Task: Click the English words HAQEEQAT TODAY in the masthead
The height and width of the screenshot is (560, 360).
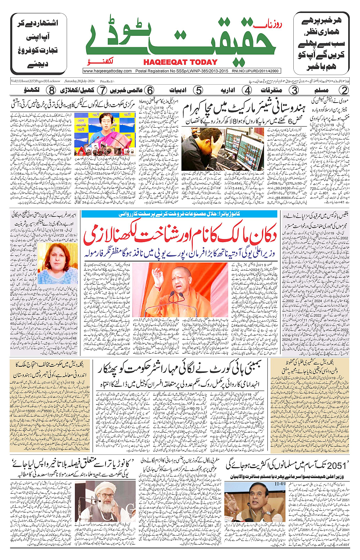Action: click(x=180, y=62)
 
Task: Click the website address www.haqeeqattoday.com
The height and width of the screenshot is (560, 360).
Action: click(x=107, y=71)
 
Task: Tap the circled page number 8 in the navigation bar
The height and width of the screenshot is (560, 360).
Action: click(x=51, y=90)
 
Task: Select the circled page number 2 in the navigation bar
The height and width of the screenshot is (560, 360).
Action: click(x=344, y=90)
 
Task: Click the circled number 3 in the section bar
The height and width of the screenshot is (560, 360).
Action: click(x=294, y=90)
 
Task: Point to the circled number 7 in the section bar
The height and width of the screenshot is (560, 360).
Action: click(x=102, y=90)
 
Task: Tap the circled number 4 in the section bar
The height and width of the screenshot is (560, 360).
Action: click(x=247, y=90)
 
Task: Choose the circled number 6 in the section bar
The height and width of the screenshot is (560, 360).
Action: click(x=150, y=90)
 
